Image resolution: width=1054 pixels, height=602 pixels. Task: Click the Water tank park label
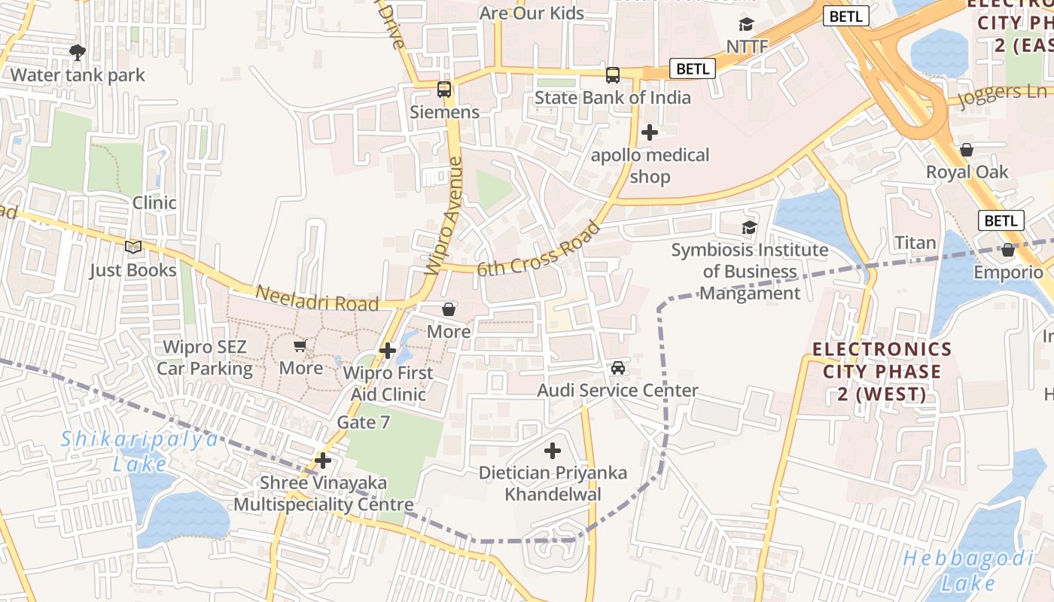tap(78, 75)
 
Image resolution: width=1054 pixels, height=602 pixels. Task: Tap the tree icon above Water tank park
tap(77, 53)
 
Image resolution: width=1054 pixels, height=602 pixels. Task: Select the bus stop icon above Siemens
tap(444, 90)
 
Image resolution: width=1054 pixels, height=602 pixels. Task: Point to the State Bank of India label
tap(612, 98)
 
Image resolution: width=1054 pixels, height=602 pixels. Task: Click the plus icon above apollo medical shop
tap(649, 133)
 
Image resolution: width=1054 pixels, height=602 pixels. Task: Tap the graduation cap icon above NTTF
tap(746, 25)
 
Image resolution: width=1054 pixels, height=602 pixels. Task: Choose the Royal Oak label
tap(967, 172)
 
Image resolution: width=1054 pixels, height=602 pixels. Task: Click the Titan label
tap(915, 242)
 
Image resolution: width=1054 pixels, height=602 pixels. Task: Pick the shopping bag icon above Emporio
tap(1008, 251)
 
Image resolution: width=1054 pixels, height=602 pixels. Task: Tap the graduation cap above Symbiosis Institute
tap(748, 227)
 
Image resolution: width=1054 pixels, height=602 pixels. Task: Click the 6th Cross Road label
tap(539, 249)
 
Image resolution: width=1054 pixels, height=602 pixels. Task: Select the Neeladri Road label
tap(316, 299)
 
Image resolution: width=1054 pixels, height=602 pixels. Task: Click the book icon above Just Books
tap(133, 247)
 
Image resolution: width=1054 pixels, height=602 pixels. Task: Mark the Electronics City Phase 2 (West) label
tap(873, 372)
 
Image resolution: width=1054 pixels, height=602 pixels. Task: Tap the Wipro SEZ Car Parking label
tap(205, 358)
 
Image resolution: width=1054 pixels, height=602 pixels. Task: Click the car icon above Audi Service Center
tap(618, 368)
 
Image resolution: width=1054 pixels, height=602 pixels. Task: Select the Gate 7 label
tap(363, 422)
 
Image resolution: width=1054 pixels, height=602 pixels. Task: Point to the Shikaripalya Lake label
tap(140, 451)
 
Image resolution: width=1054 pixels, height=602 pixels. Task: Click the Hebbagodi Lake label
tap(967, 570)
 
